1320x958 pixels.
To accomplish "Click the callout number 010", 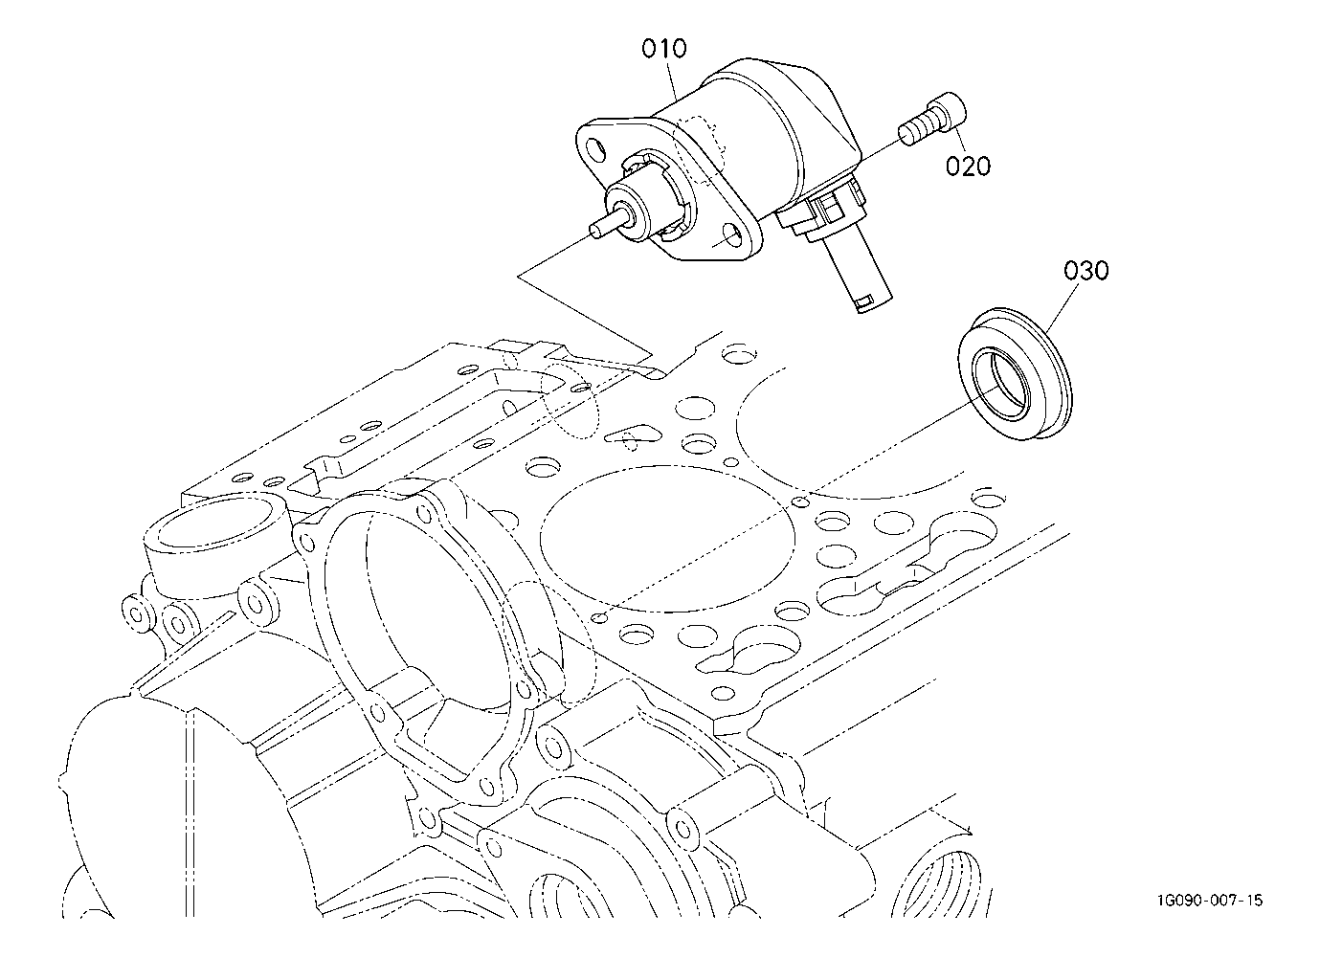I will [x=663, y=48].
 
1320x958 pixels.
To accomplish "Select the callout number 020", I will [x=968, y=166].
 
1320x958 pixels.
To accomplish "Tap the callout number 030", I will [x=1085, y=271].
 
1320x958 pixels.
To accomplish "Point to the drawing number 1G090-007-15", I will [x=1208, y=901].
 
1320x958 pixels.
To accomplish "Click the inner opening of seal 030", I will [x=1002, y=385].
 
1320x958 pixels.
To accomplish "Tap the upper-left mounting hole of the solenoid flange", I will [x=594, y=150].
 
